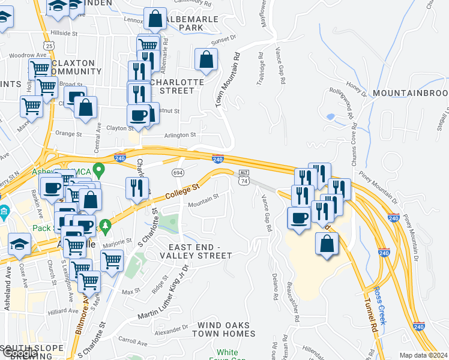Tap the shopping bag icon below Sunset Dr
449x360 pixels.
click(206, 60)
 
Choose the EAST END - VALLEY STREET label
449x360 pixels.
click(200, 251)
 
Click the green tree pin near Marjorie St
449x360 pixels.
click(106, 226)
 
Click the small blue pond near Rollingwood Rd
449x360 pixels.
click(330, 116)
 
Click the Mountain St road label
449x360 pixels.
click(203, 205)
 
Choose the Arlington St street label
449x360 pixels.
click(181, 136)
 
